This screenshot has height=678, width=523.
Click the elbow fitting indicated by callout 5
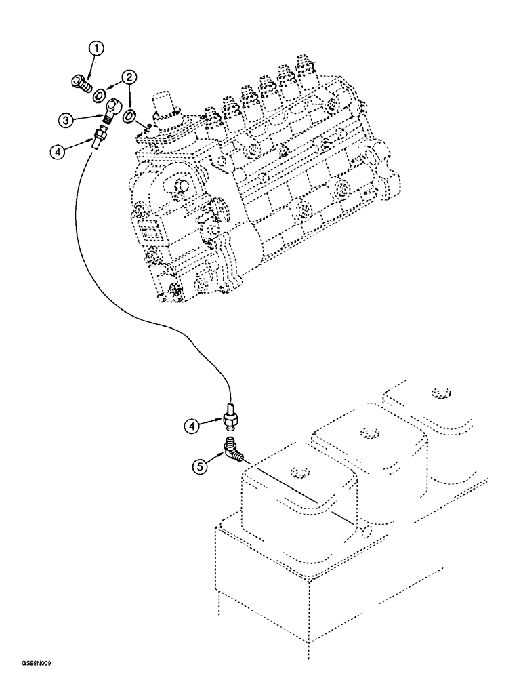235,450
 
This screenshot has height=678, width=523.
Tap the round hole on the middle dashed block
368,432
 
